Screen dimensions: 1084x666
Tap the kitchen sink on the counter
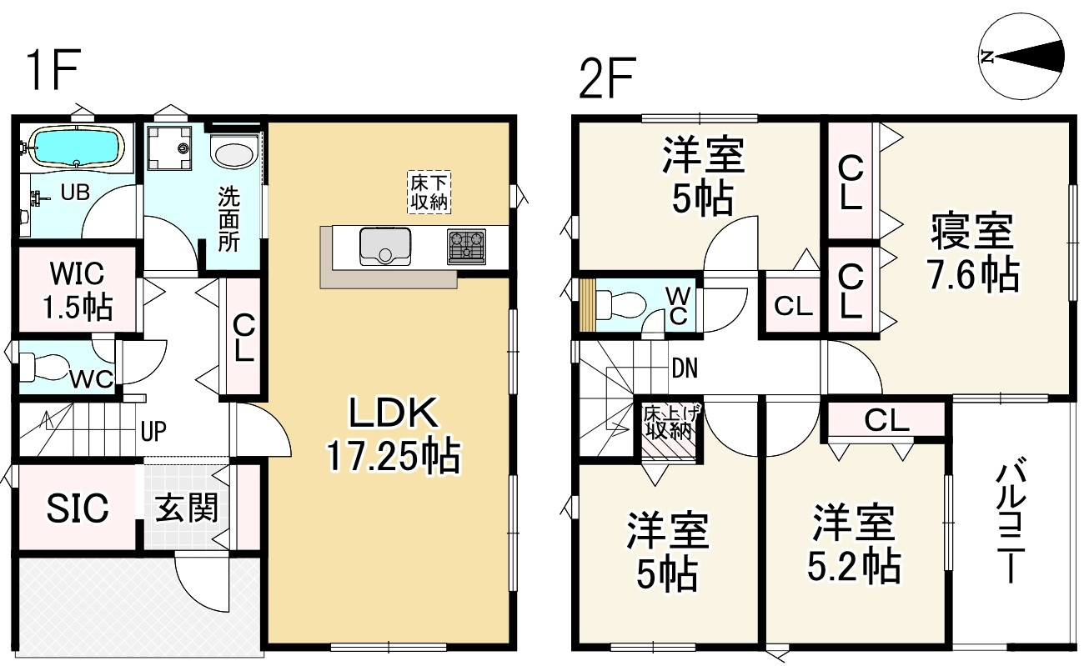point(385,246)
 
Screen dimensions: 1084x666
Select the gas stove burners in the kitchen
point(466,246)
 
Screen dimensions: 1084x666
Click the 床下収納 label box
point(429,192)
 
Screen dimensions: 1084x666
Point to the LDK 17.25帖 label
point(394,435)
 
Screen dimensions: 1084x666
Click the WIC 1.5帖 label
point(78,290)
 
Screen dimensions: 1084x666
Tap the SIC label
point(78,508)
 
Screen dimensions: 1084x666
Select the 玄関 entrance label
point(187,508)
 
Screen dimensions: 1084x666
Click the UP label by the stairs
point(153,431)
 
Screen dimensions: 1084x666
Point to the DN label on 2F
point(685,368)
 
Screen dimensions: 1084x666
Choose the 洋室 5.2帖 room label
point(853,543)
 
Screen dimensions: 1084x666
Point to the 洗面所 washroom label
point(228,219)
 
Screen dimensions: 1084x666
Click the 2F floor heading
point(606,78)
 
